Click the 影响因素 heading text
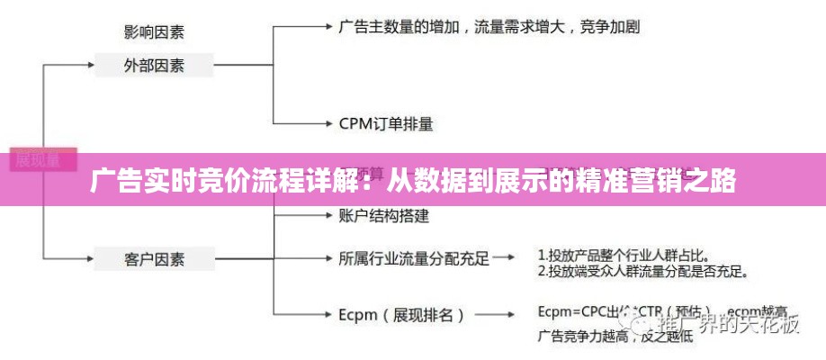[x=154, y=32]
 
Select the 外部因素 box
[x=154, y=65]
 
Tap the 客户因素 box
[x=154, y=259]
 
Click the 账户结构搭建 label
[x=384, y=215]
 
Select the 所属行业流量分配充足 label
[x=414, y=259]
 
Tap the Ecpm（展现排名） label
[x=402, y=315]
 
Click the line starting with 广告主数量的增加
[x=489, y=26]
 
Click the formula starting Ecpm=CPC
[x=630, y=312]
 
